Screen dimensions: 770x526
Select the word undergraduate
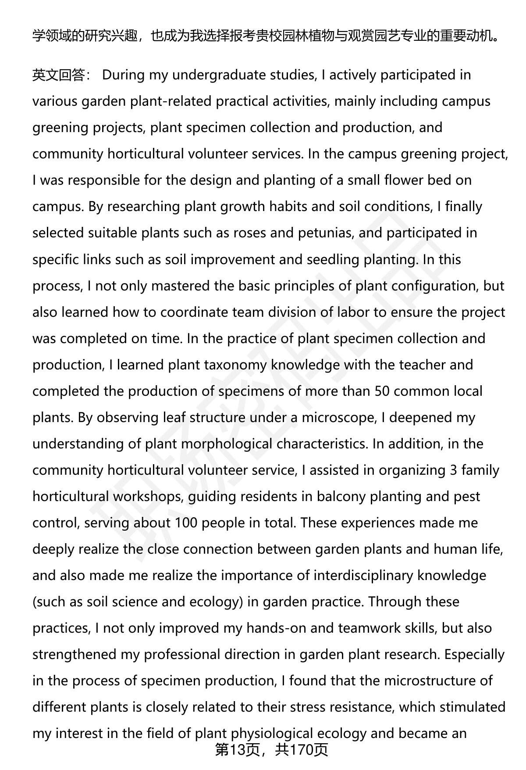[218, 75]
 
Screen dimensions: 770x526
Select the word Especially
[474, 654]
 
